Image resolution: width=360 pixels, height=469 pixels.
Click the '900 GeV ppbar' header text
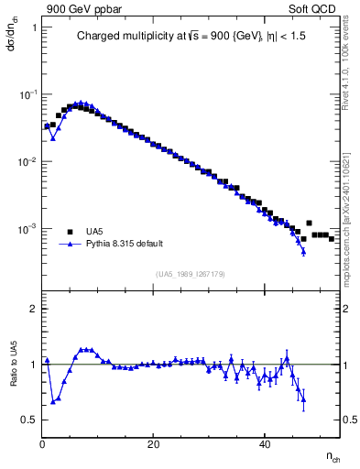click(80, 8)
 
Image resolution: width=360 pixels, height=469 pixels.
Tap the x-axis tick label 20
click(154, 444)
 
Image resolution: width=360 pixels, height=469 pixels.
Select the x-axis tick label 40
click(265, 444)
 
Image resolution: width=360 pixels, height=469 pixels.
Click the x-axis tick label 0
click(42, 444)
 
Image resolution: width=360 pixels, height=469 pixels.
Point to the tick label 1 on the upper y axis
click(33, 27)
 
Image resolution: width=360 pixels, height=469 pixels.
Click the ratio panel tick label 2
click(33, 310)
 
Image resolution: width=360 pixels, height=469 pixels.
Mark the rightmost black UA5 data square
click(332, 238)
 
